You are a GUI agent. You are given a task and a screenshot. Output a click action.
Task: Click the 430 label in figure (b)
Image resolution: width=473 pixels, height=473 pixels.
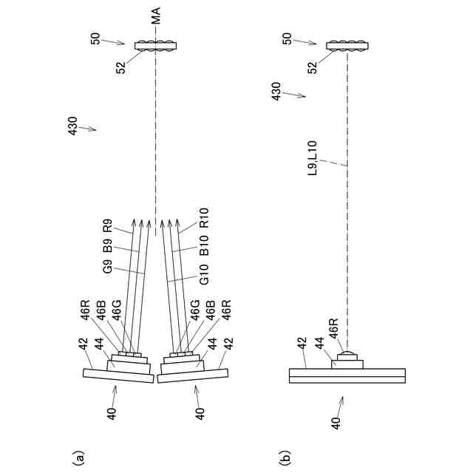pos(276,92)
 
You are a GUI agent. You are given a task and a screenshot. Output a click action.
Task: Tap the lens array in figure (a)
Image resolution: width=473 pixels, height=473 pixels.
pos(156,46)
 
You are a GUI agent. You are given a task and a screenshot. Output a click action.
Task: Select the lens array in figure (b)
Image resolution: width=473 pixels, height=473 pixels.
pos(347,46)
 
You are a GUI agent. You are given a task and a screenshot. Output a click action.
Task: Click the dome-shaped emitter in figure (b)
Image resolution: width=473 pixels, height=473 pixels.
pos(347,358)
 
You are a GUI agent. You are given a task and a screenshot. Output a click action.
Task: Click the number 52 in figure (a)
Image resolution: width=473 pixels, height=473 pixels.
pos(121,67)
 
